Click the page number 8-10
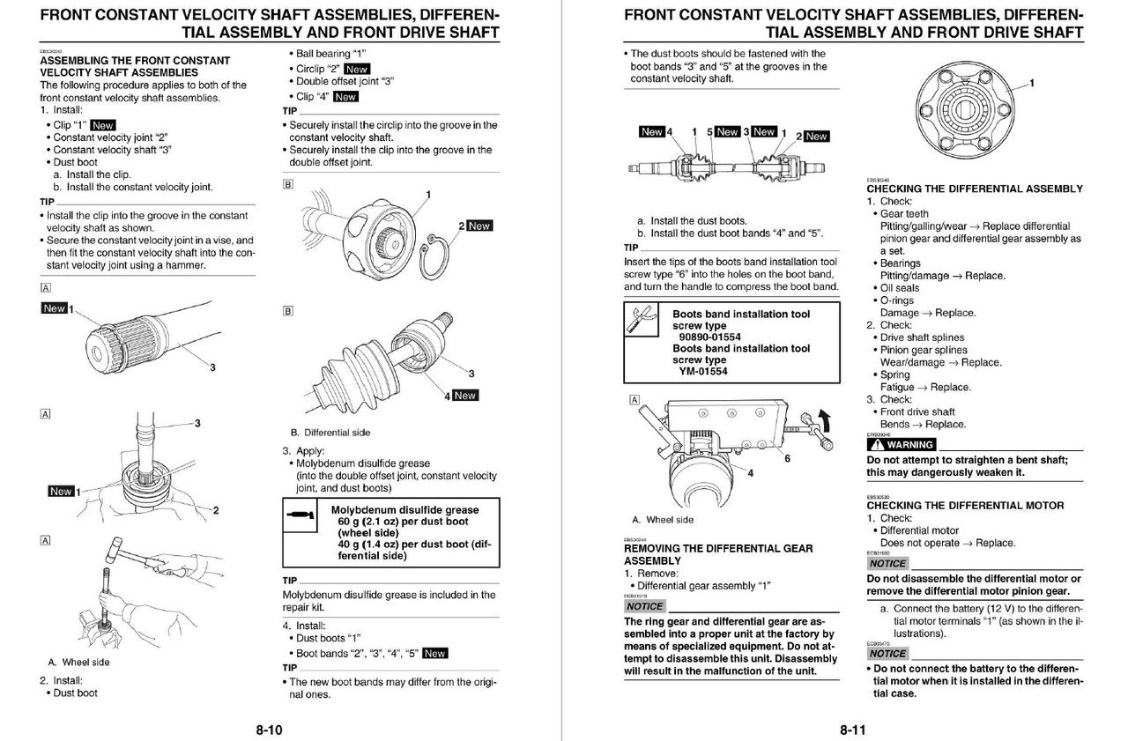click(270, 730)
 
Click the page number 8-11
click(854, 730)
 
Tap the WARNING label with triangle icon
click(902, 444)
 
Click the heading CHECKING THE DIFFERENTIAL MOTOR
click(965, 506)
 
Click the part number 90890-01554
click(709, 337)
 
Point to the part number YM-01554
click(702, 371)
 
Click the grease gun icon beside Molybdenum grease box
click(301, 515)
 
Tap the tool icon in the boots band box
click(641, 320)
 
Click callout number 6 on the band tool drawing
click(787, 458)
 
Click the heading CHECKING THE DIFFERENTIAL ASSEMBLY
click(974, 189)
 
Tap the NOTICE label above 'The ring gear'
click(644, 606)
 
